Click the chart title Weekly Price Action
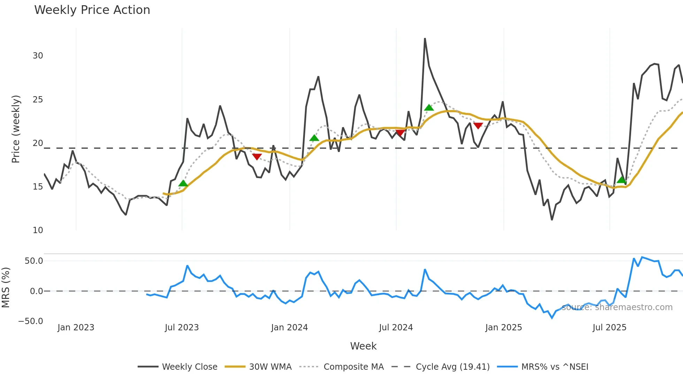[x=92, y=10]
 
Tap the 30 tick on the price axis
[x=38, y=56]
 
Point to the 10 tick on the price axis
[x=38, y=230]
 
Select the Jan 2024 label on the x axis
[x=289, y=328]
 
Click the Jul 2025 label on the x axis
[x=609, y=328]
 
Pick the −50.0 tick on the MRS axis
[x=31, y=321]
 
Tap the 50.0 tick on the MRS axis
[x=34, y=261]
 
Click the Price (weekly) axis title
[x=16, y=129]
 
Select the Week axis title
[x=363, y=346]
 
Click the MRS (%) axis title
[x=6, y=287]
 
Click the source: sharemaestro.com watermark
[x=617, y=307]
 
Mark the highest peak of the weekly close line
[x=425, y=39]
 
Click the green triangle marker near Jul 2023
[x=183, y=183]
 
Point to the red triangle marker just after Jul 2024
[x=400, y=133]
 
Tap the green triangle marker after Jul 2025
[x=621, y=180]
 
